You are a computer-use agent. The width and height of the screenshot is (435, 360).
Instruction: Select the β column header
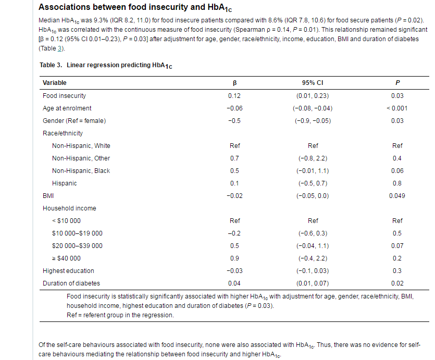coord(234,83)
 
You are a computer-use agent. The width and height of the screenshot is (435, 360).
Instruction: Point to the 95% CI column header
coord(313,83)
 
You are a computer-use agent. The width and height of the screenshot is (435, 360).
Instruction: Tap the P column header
coord(397,83)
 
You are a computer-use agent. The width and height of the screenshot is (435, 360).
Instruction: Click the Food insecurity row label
coord(64,96)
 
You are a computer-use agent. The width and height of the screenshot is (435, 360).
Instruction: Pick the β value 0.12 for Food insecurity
coord(234,96)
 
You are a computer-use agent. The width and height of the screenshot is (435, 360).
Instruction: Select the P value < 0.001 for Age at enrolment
coord(397,108)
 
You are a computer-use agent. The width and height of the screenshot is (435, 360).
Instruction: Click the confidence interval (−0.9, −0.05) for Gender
coord(313,121)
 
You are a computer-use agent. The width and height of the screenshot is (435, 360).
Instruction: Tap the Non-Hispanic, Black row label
coord(81,171)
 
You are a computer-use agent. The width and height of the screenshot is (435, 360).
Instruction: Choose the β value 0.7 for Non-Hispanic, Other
coord(234,158)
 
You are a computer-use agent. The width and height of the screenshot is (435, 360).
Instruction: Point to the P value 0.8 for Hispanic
coord(397,183)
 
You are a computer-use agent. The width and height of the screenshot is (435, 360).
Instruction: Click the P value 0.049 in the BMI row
coord(397,196)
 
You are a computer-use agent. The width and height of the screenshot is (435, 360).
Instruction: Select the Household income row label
coord(69,208)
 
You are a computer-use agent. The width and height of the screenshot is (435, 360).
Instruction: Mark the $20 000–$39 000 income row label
coord(77,246)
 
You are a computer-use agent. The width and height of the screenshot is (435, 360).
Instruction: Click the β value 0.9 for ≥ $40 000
coord(234,258)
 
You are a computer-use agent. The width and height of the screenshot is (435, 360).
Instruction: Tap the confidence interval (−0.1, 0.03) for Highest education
coord(313,271)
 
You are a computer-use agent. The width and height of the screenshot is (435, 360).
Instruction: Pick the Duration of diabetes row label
coord(71,283)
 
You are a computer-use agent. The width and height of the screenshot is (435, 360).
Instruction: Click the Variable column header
coord(55,83)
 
